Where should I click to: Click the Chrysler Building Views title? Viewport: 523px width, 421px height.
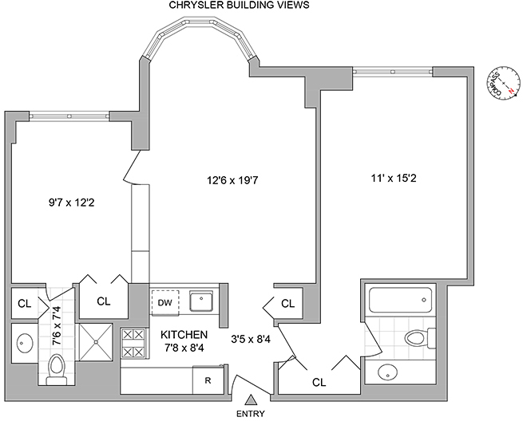tap(240, 6)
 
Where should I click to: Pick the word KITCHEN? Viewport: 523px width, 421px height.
tap(184, 334)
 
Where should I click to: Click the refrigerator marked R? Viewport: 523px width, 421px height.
tap(208, 380)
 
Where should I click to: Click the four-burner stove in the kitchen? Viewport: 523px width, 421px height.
tap(132, 343)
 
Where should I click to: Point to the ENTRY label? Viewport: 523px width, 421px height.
tap(252, 415)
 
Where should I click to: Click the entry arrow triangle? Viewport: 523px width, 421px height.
tap(252, 400)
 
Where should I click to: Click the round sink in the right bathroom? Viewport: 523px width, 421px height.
tap(388, 372)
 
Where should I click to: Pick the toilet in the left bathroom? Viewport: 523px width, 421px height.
tap(57, 369)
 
